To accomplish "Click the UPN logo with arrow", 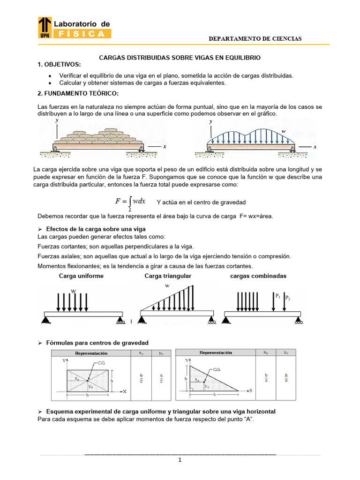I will click(45, 27).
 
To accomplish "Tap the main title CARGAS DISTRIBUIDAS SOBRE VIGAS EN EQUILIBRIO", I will click(179, 57).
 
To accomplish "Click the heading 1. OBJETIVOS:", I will click(59, 64).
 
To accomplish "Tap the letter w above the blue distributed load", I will click(283, 131).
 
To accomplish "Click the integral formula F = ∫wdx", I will click(130, 202).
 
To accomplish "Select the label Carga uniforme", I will click(81, 276).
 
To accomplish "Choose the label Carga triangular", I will click(168, 276).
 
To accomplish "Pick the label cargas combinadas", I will click(258, 276).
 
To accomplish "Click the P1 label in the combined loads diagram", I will click(278, 296).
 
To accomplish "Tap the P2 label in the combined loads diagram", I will click(288, 298).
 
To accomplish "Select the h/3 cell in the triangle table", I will click(286, 378).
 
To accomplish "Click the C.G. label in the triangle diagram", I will click(217, 369).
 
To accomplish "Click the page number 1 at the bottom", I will click(179, 460).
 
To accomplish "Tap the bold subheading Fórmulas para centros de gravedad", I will click(97, 343).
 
